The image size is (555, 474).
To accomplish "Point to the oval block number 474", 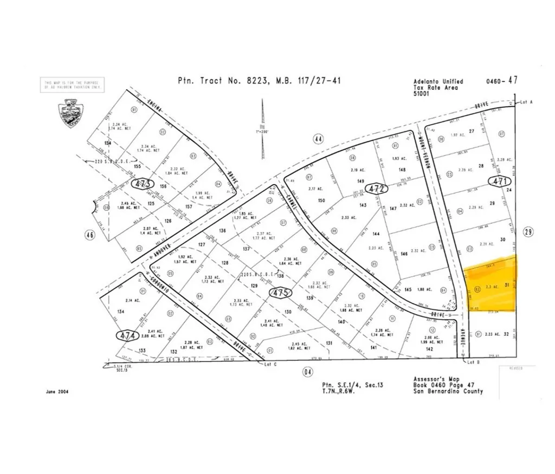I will point(128,335).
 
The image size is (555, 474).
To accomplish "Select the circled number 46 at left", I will point(90,235).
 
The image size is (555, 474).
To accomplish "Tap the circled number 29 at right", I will point(528,232).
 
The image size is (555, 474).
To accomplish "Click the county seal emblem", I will point(71,113).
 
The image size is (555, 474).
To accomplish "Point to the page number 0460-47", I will point(502,81).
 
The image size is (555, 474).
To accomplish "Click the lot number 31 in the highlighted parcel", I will point(506,285).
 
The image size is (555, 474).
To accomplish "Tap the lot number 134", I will point(120,311).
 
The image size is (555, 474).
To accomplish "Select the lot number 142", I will point(421,350).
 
